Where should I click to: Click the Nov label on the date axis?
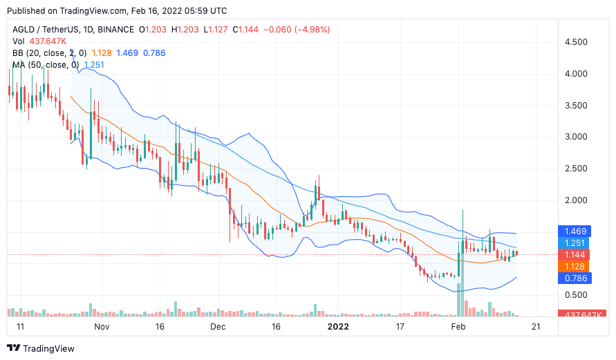point(102,326)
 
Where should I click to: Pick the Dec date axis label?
point(218,326)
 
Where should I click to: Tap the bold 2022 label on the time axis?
point(339,326)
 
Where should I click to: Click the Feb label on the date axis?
point(458,326)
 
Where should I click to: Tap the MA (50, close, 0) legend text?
point(45,65)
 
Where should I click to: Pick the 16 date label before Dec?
point(160,326)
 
